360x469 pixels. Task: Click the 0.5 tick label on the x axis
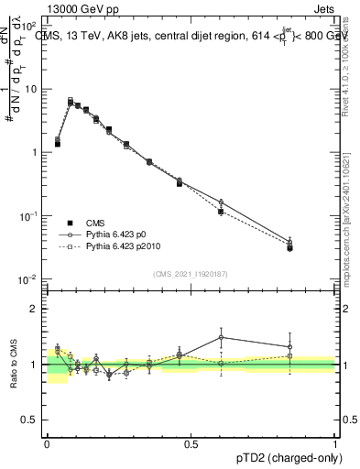pos(191,443)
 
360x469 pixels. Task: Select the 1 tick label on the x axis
pos(335,443)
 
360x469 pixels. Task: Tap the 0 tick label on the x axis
pos(47,443)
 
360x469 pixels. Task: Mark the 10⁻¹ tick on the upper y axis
pos(30,215)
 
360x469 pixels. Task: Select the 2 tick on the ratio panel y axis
pos(37,309)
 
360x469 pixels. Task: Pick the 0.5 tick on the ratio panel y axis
pos(33,420)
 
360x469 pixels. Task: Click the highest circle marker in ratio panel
pos(221,337)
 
